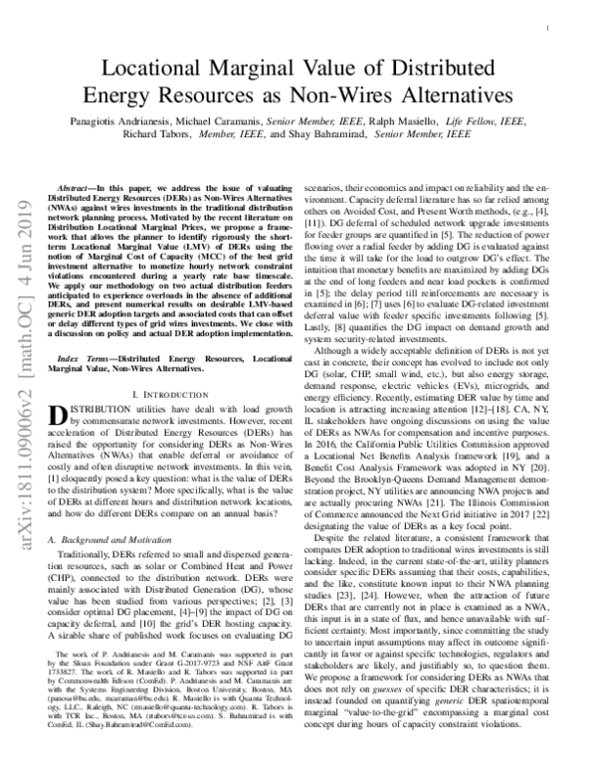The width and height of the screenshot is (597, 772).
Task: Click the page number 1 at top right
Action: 550,31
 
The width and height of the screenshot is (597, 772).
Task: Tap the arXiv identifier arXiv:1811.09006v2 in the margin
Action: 22,438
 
